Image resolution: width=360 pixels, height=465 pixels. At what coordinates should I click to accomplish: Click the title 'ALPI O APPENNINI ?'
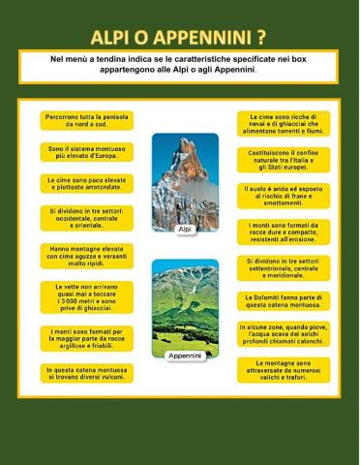point(179,38)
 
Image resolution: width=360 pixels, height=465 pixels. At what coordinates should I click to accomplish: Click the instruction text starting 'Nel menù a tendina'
point(179,64)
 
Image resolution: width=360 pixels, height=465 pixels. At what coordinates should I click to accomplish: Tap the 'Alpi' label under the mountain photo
point(185,229)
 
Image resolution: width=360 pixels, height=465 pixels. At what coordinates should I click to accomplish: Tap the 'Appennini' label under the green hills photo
point(185,356)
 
